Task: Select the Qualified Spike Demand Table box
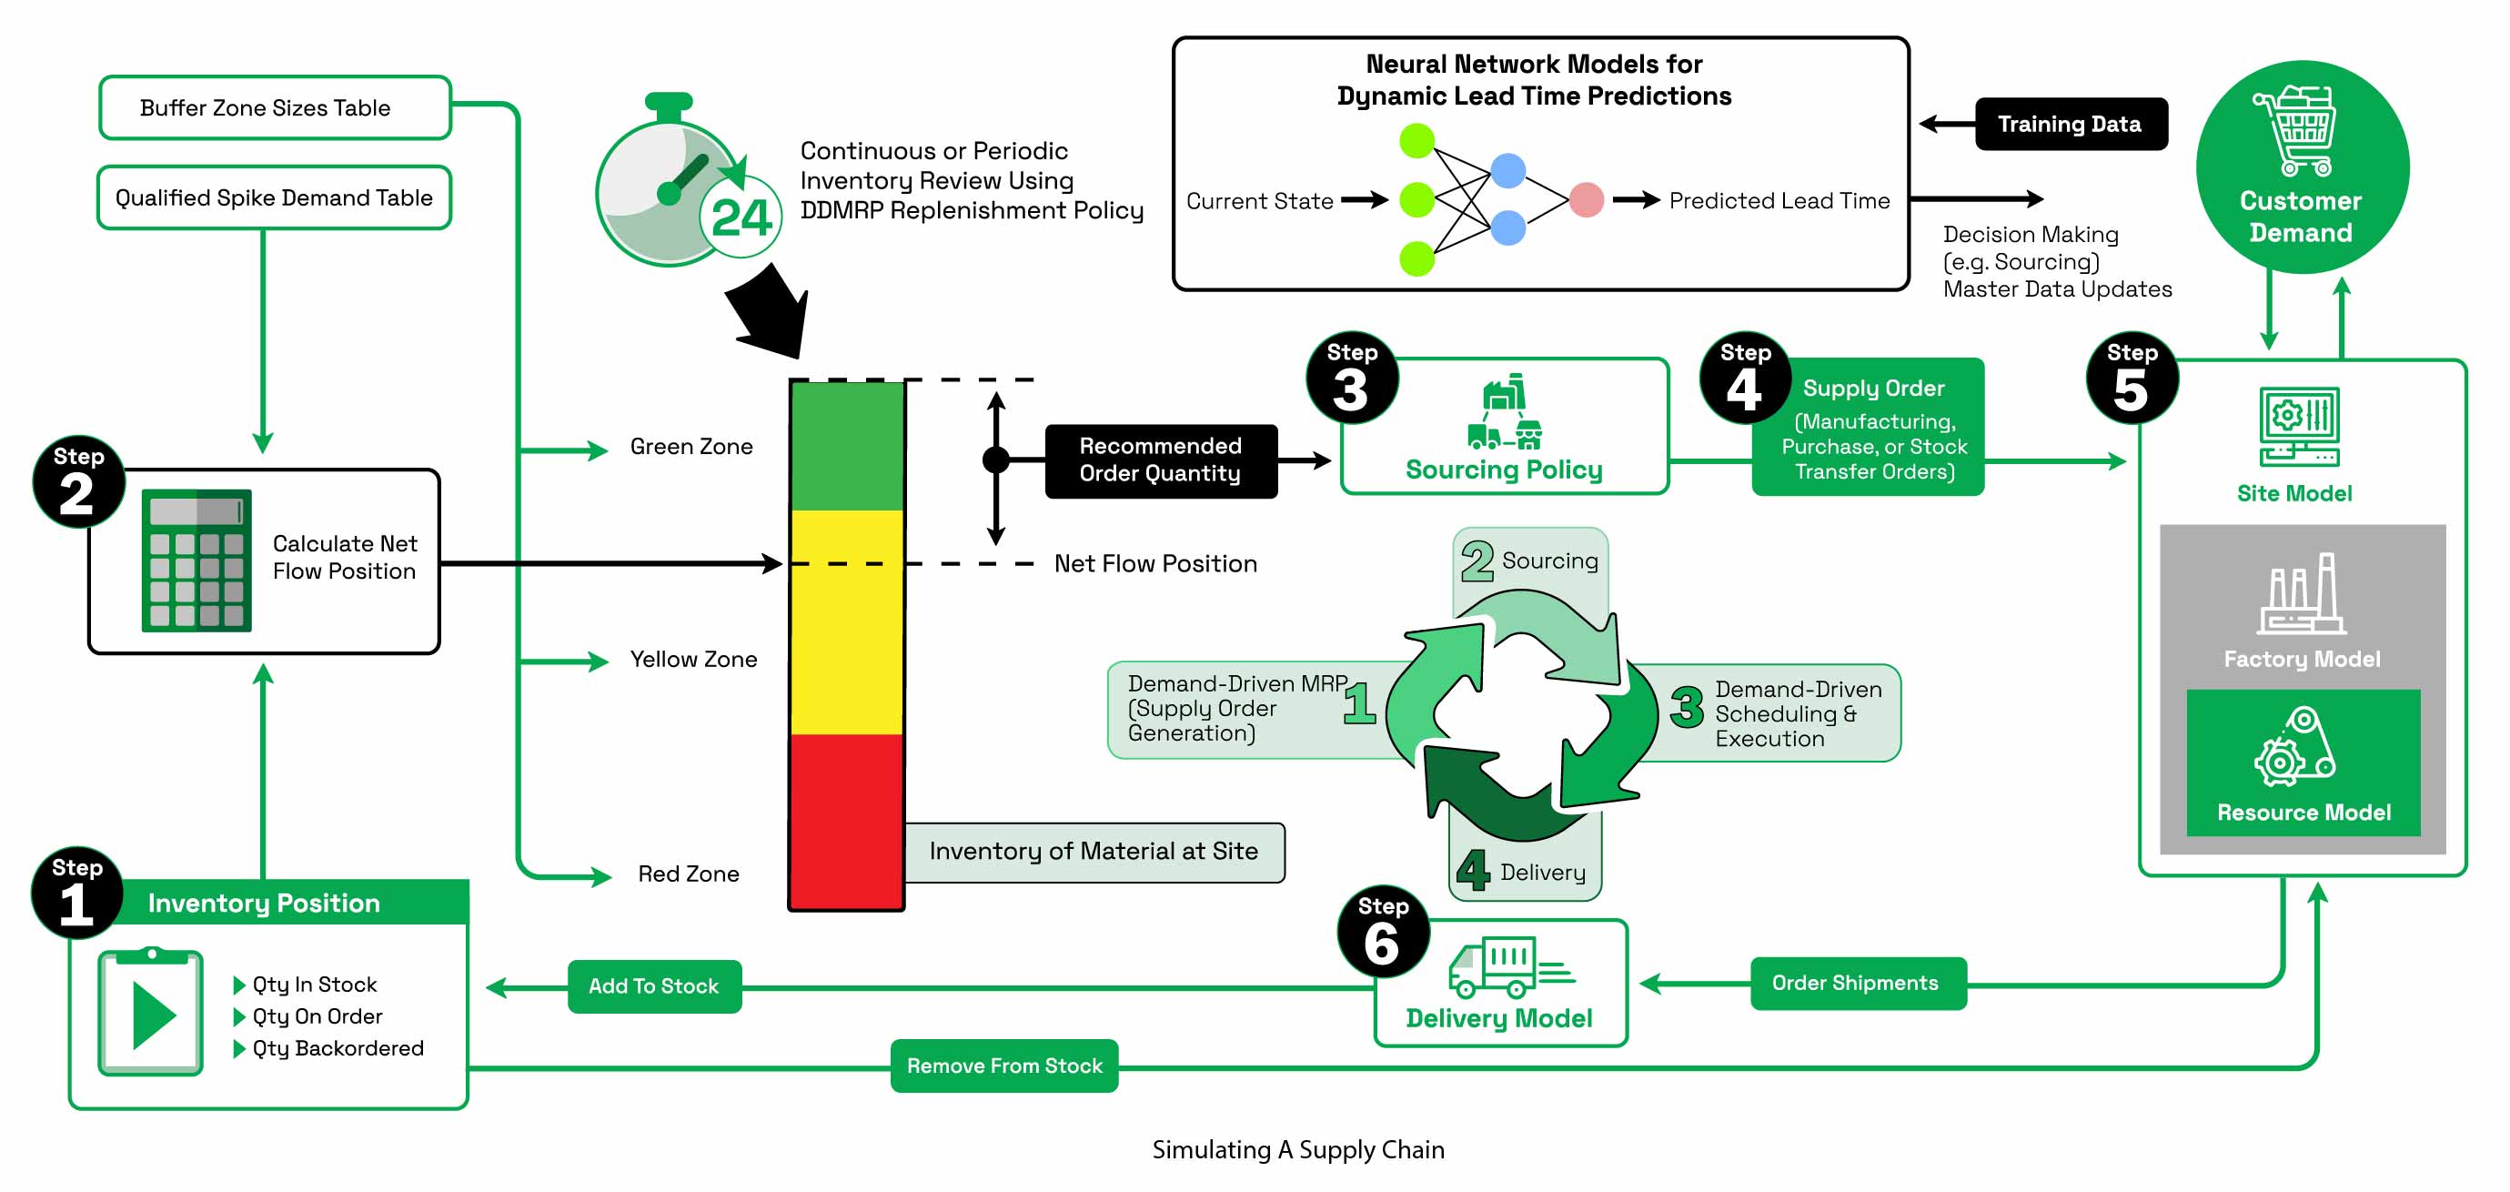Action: click(x=274, y=197)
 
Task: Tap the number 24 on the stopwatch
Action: click(x=741, y=217)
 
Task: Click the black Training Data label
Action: click(x=2071, y=124)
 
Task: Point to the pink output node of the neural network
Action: click(x=1587, y=200)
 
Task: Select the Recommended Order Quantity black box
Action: click(x=1160, y=460)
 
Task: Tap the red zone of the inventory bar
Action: click(x=846, y=821)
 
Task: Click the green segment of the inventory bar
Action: click(x=846, y=447)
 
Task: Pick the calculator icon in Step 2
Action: click(x=196, y=561)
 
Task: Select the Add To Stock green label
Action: click(x=654, y=986)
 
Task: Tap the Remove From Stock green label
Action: click(x=1003, y=1066)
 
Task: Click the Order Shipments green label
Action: click(x=1856, y=983)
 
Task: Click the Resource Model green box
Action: click(x=2303, y=763)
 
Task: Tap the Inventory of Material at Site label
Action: click(x=1094, y=852)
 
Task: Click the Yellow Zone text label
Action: click(x=693, y=659)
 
